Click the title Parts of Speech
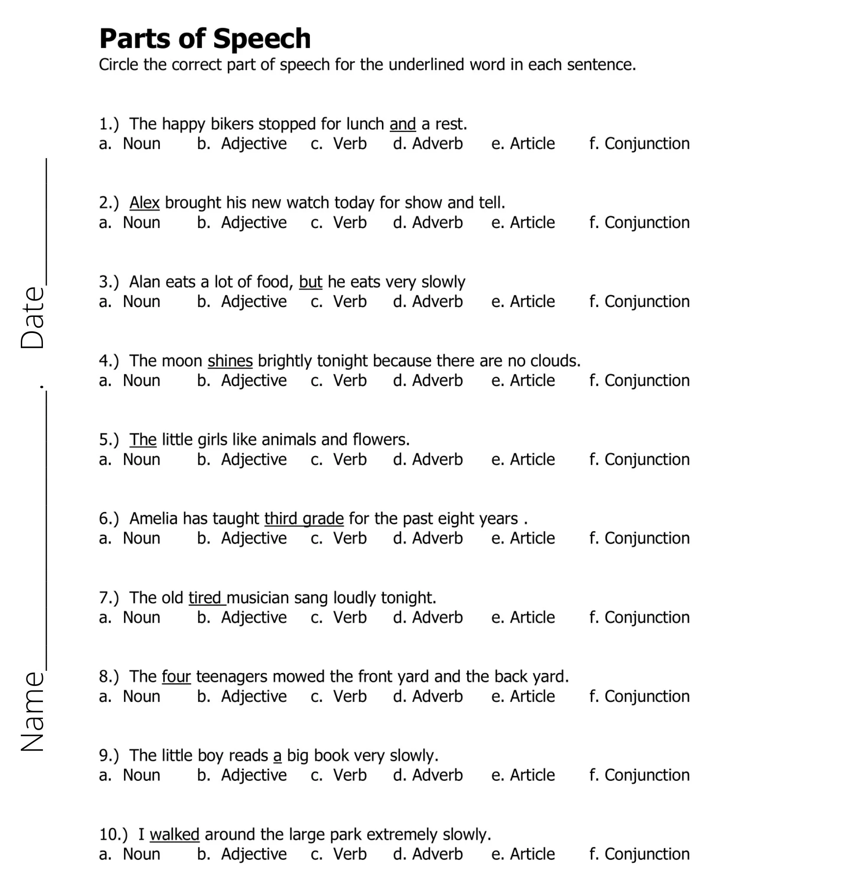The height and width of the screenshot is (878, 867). click(x=205, y=39)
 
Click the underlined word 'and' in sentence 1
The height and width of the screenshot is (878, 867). click(x=402, y=124)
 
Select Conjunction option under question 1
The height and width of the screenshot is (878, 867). click(x=639, y=144)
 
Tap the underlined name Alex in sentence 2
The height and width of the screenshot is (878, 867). click(x=144, y=202)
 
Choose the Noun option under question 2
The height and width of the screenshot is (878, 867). click(x=130, y=223)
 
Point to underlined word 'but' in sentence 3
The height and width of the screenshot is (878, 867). click(x=310, y=282)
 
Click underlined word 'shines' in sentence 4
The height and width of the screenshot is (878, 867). click(x=230, y=361)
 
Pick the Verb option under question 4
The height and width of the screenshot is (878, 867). click(x=339, y=380)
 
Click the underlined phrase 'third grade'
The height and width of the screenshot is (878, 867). click(x=304, y=519)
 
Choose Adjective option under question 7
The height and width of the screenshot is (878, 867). click(x=242, y=617)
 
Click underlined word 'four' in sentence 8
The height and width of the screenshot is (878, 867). click(x=176, y=677)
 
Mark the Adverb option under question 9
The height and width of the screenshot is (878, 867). click(x=427, y=775)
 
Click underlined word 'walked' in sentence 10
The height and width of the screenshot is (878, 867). click(x=175, y=835)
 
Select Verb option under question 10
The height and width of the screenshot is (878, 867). click(x=339, y=854)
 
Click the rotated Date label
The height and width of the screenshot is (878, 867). click(x=33, y=318)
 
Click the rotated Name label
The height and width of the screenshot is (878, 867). click(x=33, y=711)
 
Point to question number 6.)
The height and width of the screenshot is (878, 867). click(x=109, y=519)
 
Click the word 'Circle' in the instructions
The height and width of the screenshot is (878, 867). click(x=119, y=65)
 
